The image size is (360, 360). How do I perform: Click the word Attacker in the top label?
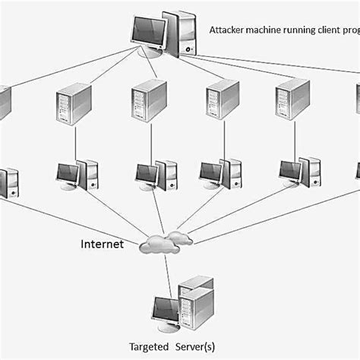[226, 30]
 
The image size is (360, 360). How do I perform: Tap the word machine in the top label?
[265, 30]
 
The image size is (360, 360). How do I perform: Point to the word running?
[302, 30]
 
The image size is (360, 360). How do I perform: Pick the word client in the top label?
[332, 30]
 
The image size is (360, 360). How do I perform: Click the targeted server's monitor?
[164, 308]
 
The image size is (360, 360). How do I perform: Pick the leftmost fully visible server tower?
[74, 103]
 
